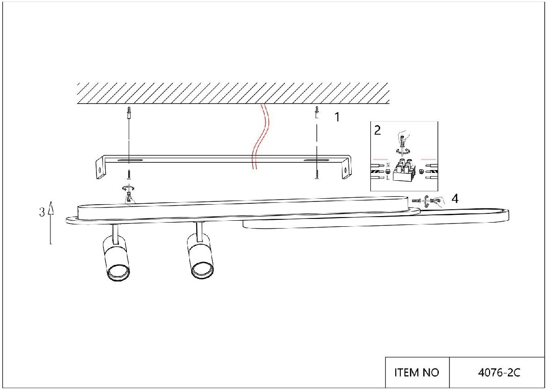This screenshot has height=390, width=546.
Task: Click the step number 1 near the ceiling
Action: tap(337, 117)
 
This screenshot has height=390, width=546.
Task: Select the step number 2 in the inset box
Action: tap(377, 130)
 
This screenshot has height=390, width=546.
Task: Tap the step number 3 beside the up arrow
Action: tap(42, 212)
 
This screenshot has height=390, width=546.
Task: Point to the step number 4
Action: tap(455, 199)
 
